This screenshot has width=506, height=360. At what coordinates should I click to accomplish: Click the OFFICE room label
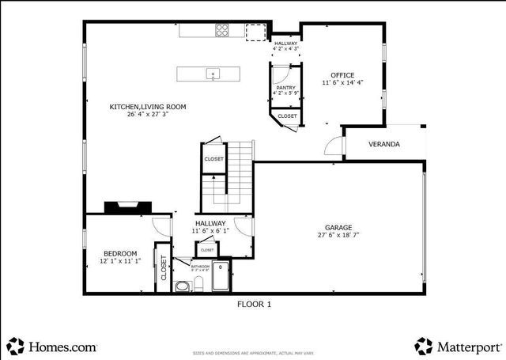click(342, 75)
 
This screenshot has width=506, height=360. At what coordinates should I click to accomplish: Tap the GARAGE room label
click(339, 227)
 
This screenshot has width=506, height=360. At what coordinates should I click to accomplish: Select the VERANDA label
click(384, 145)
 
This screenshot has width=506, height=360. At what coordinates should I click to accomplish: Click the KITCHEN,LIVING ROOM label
click(148, 106)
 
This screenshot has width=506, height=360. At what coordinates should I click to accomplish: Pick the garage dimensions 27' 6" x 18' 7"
click(339, 235)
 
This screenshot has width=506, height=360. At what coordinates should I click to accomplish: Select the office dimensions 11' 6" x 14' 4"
click(342, 82)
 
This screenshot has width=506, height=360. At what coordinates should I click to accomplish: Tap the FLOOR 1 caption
click(254, 303)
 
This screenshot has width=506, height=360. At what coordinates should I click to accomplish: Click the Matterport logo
click(458, 346)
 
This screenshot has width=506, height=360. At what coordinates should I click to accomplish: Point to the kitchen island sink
click(213, 74)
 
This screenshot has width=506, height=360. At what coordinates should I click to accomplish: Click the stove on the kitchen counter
click(223, 31)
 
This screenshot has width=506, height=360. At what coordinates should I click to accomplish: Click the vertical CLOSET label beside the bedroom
click(164, 267)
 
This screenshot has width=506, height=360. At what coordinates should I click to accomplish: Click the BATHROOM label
click(200, 267)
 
